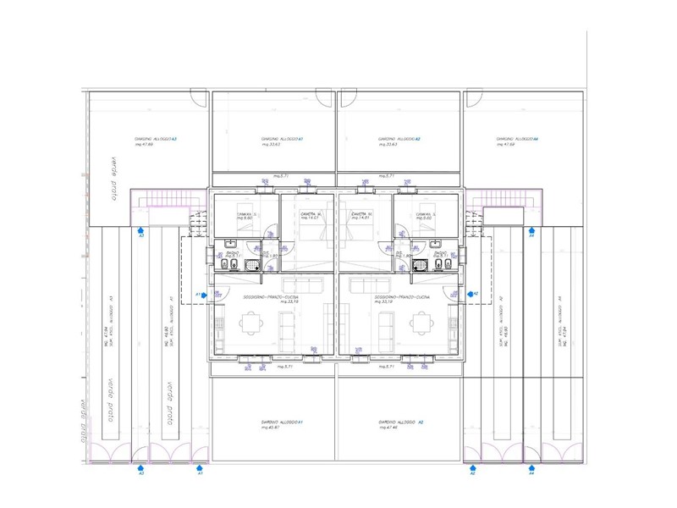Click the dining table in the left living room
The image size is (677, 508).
coord(251,322)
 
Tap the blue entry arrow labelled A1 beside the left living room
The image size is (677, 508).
coord(204,295)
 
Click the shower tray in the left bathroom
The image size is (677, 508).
coord(251,265)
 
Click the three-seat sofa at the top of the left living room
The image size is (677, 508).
coord(301,284)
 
